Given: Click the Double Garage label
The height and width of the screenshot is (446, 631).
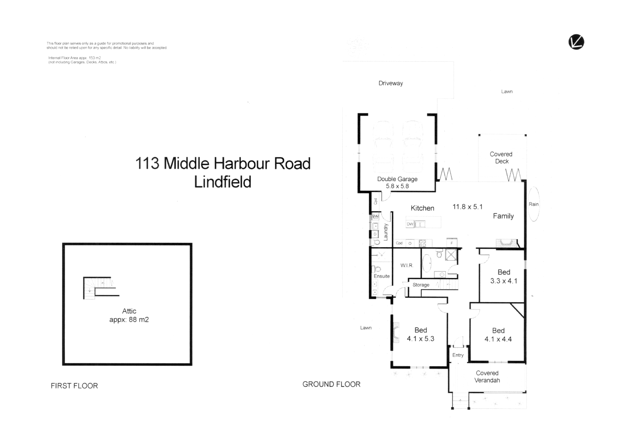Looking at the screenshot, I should click(x=397, y=179).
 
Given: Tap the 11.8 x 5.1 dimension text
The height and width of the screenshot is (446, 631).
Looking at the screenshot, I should click(x=468, y=207).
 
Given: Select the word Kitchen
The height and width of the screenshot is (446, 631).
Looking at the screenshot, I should click(x=422, y=208).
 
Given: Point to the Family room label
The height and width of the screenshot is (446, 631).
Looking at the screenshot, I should click(x=503, y=216).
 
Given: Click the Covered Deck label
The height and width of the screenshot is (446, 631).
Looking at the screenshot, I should click(x=501, y=158).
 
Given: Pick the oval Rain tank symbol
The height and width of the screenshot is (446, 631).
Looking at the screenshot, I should click(x=534, y=204).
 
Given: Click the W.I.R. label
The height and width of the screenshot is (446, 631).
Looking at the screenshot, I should click(x=407, y=265).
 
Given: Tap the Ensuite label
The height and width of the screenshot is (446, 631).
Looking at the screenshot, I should click(x=382, y=276).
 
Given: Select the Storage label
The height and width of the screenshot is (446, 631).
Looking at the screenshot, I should click(x=421, y=285).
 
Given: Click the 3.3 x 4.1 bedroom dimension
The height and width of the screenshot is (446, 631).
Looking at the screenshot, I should click(x=504, y=281).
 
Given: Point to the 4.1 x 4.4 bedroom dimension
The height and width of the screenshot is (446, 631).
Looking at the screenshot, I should click(x=498, y=339).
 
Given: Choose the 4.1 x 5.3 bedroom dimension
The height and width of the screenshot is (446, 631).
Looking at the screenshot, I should click(x=421, y=339).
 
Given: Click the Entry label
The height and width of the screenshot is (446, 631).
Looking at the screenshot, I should click(x=458, y=355).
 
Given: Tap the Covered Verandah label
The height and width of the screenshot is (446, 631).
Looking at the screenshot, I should click(x=487, y=377).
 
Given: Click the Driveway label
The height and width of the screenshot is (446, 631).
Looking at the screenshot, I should click(x=390, y=83).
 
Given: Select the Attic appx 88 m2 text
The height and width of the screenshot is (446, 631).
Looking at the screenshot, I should click(x=129, y=316).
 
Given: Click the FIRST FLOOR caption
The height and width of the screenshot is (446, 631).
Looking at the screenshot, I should click(x=74, y=386).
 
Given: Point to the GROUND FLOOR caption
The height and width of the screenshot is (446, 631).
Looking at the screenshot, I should click(x=331, y=384).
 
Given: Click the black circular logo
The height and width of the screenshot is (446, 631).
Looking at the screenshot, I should click(x=576, y=42).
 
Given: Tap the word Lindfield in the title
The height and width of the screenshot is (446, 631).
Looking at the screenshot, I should click(x=223, y=182).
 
